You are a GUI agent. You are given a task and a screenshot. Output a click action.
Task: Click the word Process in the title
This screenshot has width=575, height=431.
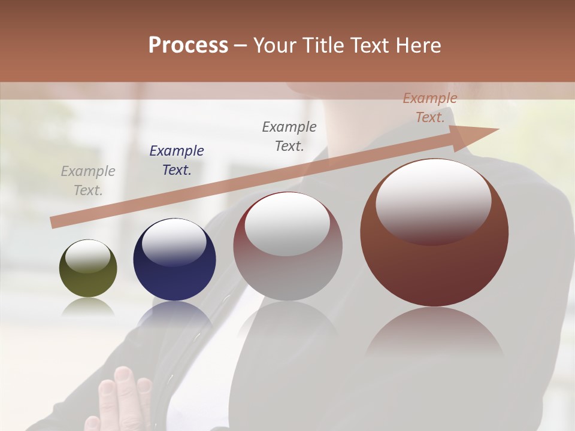point(188,45)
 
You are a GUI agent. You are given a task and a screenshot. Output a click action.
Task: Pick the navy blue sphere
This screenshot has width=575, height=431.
point(174,275)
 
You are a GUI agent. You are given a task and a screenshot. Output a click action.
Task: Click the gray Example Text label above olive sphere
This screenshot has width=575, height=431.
point(88,181)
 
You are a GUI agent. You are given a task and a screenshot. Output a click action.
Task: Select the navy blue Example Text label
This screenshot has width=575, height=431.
point(177,160)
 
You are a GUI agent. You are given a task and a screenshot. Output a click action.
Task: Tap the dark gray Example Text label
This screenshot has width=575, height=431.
point(289,136)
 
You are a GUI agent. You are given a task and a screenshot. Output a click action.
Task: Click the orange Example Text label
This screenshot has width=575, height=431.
point(430,108)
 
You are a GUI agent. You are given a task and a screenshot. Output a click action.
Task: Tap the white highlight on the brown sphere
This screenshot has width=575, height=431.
point(433,201)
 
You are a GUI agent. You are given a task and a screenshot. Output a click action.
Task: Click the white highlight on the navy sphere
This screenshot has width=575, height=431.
point(174,241)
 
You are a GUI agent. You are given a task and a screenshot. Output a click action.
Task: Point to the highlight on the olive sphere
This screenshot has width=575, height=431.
point(88,256)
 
